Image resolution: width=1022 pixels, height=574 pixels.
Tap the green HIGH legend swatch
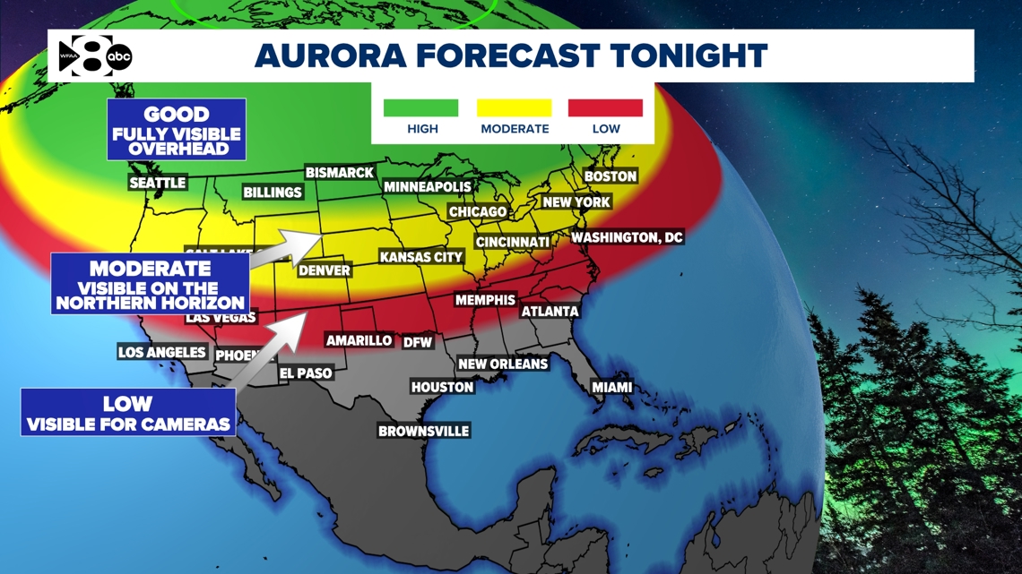tap(420, 108)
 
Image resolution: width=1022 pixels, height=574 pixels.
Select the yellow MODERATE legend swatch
tap(515, 108)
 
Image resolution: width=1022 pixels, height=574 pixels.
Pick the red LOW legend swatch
tap(605, 108)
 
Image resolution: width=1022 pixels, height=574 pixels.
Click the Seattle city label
tap(158, 183)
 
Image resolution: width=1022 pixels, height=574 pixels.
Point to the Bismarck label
tap(340, 172)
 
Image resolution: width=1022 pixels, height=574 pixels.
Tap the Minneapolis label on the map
tap(428, 187)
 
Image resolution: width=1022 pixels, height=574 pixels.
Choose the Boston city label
tap(611, 176)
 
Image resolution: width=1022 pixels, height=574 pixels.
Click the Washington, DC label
tap(628, 237)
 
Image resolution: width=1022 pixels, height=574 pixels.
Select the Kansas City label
tap(421, 257)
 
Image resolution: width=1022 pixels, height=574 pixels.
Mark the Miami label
tap(612, 388)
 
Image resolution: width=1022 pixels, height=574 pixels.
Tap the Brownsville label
tap(424, 431)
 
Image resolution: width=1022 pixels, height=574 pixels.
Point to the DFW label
tap(418, 342)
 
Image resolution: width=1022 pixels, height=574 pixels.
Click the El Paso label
tap(306, 373)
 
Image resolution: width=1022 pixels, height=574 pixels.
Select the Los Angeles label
tap(162, 352)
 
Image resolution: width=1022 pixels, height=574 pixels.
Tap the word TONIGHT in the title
tap(689, 56)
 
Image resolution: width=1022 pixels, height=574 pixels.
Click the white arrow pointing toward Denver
tap(286, 246)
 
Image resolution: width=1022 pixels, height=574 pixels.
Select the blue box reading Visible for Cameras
tap(128, 413)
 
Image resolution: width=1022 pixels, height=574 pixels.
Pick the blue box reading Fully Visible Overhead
tap(177, 130)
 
